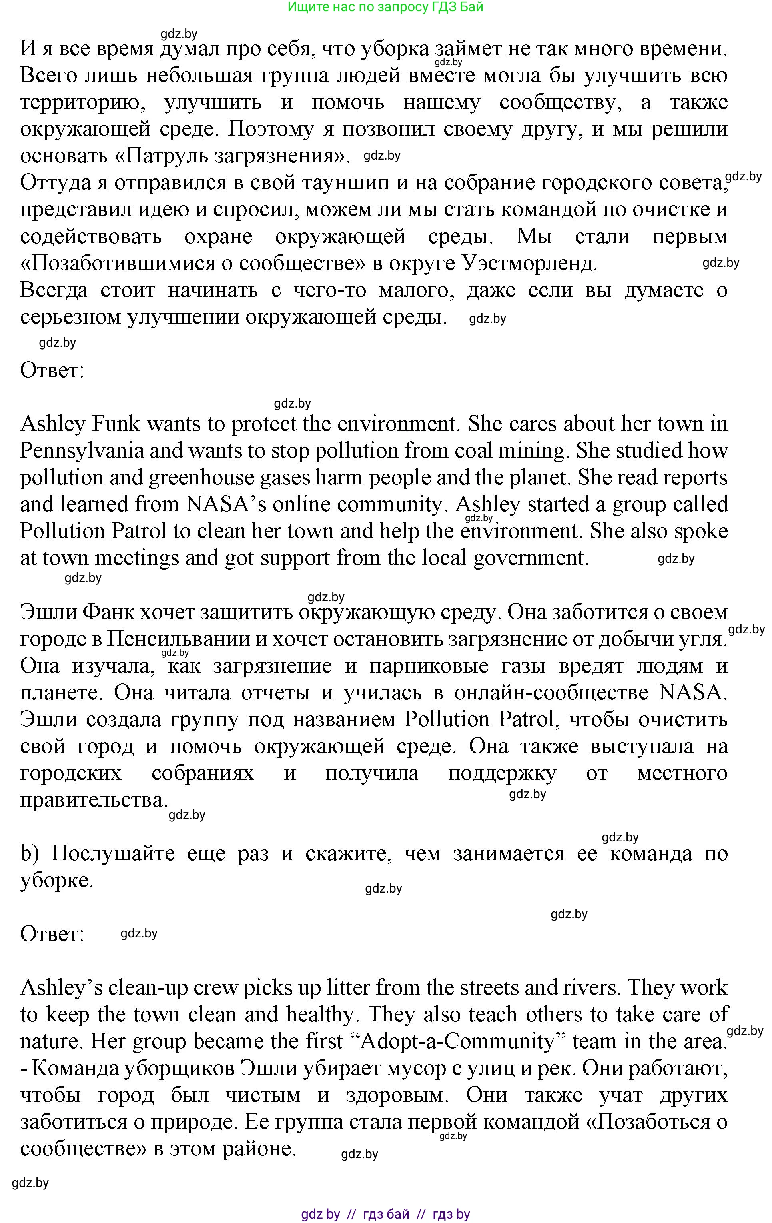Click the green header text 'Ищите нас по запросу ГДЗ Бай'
[385, 7]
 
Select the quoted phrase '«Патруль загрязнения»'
[185, 156]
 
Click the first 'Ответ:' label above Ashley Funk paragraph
[52, 371]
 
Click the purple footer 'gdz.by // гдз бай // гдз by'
[385, 1214]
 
